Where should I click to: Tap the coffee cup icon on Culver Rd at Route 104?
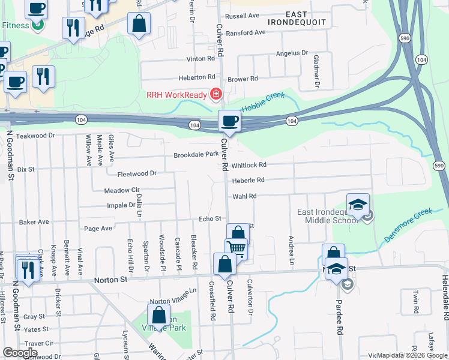point(229,121)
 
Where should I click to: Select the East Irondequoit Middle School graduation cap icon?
point(358,204)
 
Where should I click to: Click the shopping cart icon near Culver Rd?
point(237,248)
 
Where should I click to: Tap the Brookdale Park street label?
point(196,154)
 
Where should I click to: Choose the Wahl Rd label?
point(244,196)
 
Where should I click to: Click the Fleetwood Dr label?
point(137,173)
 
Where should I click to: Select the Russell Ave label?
point(241,17)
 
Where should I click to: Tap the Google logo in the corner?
point(20,353)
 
